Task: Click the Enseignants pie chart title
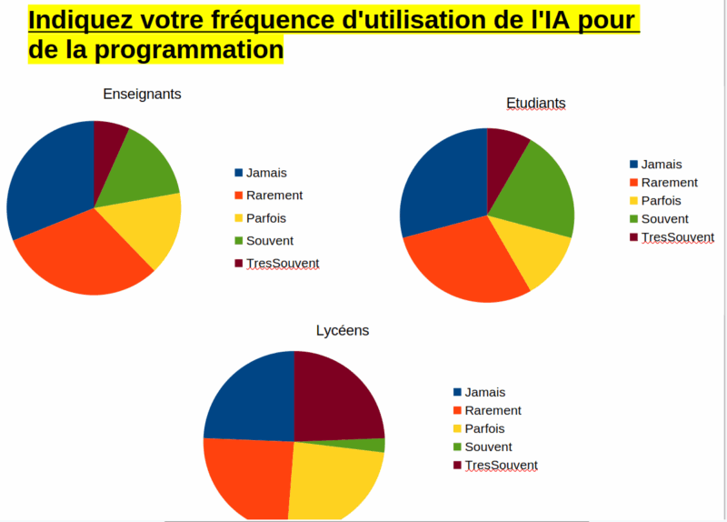pos(142,94)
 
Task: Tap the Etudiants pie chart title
pos(535,104)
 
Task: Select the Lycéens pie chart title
pos(343,330)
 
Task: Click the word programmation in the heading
pos(193,50)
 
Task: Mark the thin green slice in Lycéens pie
pos(373,446)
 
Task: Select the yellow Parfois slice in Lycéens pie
pos(332,482)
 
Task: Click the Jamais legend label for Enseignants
pos(267,172)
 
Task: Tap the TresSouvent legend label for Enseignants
pos(283,263)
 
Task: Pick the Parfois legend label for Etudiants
pos(661,200)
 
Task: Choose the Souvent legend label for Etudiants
pos(664,218)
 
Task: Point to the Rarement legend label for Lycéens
pos(493,410)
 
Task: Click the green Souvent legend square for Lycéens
pos(457,447)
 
